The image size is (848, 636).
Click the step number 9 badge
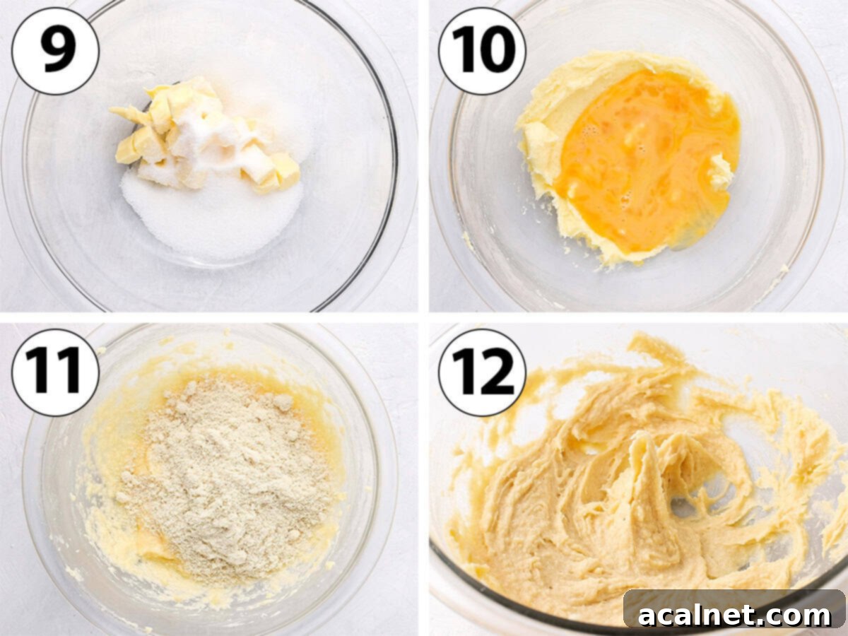pyautogui.click(x=55, y=51)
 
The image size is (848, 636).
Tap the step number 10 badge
pyautogui.click(x=481, y=51)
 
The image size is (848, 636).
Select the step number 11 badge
pyautogui.click(x=55, y=372)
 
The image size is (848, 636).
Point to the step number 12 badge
pyautogui.click(x=481, y=372)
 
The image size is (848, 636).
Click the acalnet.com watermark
pyautogui.click(x=734, y=613)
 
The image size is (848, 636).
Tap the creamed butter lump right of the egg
pyautogui.click(x=721, y=172)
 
